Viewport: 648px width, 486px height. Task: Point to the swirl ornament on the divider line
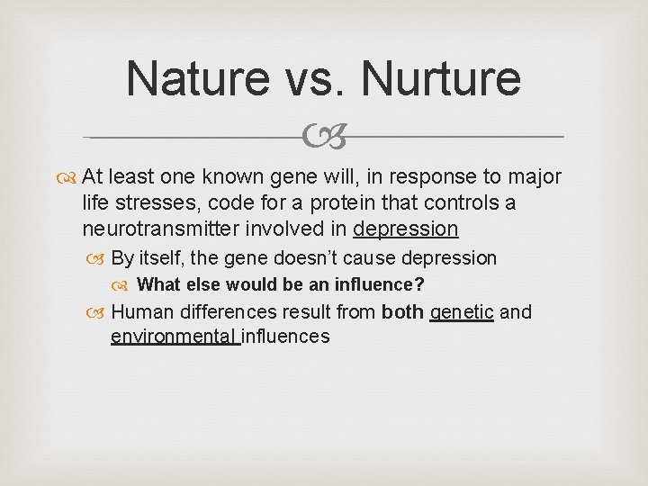coord(324,138)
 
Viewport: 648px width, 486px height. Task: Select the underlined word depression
coord(406,229)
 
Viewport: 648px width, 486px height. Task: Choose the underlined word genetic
coord(462,312)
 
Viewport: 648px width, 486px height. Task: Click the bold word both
coord(402,312)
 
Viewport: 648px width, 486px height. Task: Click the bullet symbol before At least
coord(69,176)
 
